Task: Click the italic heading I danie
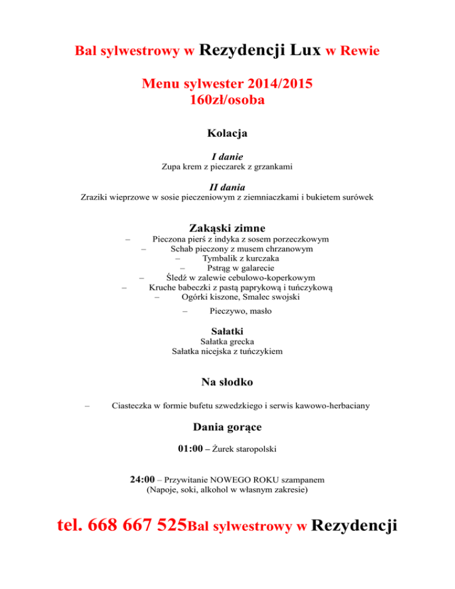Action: coord(227,157)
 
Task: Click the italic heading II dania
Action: coord(227,187)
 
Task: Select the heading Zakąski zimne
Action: coord(227,228)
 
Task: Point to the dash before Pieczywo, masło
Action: coord(185,311)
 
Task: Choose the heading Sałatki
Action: coord(227,330)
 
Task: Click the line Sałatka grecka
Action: coord(227,342)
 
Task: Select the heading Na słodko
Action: coord(227,382)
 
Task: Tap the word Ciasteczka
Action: coord(134,406)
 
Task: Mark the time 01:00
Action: coord(190,449)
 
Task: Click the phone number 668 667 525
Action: coord(138,526)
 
